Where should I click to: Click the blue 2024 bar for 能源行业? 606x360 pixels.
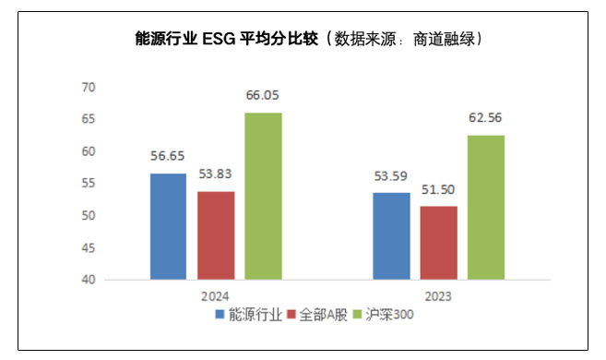[x=167, y=226]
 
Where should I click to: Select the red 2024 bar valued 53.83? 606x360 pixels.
[x=215, y=235]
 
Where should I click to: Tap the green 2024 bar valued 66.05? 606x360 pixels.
[x=263, y=196]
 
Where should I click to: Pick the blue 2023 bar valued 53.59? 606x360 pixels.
[x=391, y=235]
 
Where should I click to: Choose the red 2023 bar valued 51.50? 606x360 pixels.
[x=438, y=243]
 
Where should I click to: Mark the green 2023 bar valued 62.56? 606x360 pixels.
[x=486, y=207]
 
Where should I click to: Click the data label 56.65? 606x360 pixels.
[x=167, y=156]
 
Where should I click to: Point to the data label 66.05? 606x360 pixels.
[x=263, y=95]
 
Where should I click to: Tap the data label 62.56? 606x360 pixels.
[x=486, y=117]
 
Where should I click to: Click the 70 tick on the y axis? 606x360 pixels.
[x=89, y=87]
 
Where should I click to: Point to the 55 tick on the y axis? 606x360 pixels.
[x=89, y=184]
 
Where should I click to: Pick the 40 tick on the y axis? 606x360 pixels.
[x=89, y=280]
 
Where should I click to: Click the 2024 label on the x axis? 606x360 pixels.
[x=215, y=296]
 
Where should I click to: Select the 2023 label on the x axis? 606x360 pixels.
[x=438, y=296]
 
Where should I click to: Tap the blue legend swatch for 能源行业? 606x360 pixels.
[x=220, y=314]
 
